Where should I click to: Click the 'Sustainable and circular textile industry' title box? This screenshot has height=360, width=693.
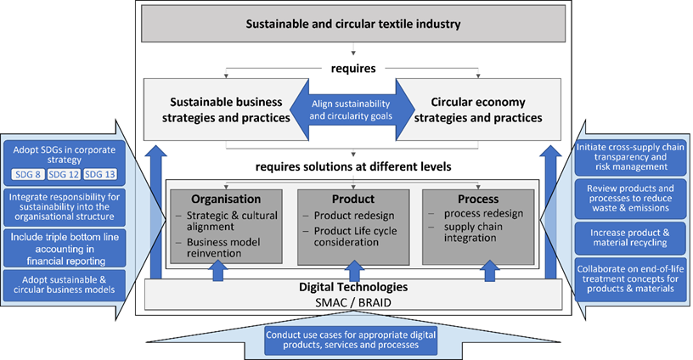click(352, 24)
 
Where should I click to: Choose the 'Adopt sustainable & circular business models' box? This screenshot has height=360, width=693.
click(64, 282)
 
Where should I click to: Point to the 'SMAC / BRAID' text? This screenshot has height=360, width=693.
click(352, 301)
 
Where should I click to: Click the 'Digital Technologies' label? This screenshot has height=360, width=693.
click(352, 287)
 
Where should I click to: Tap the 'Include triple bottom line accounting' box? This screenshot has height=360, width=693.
click(64, 244)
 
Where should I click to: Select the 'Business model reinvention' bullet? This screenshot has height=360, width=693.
click(216, 248)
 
